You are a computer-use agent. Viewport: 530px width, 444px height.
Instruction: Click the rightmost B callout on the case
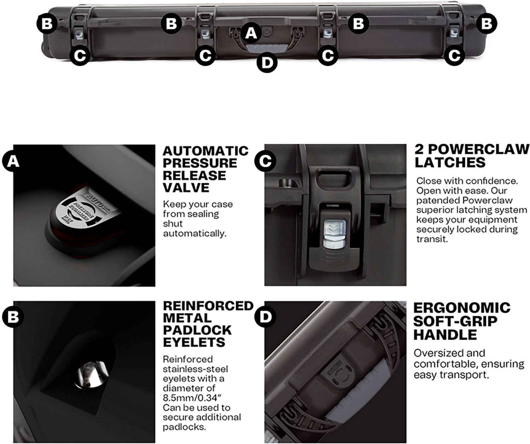pos(487,24)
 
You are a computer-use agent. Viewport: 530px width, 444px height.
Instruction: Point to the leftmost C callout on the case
pos(80,55)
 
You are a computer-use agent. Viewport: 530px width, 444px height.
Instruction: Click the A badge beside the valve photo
pos(13,161)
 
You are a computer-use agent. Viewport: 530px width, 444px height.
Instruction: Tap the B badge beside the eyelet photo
pos(13,317)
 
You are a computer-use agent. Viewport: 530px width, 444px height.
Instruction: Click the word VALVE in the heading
pos(186,188)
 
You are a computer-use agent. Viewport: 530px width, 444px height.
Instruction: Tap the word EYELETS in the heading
pos(194,342)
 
